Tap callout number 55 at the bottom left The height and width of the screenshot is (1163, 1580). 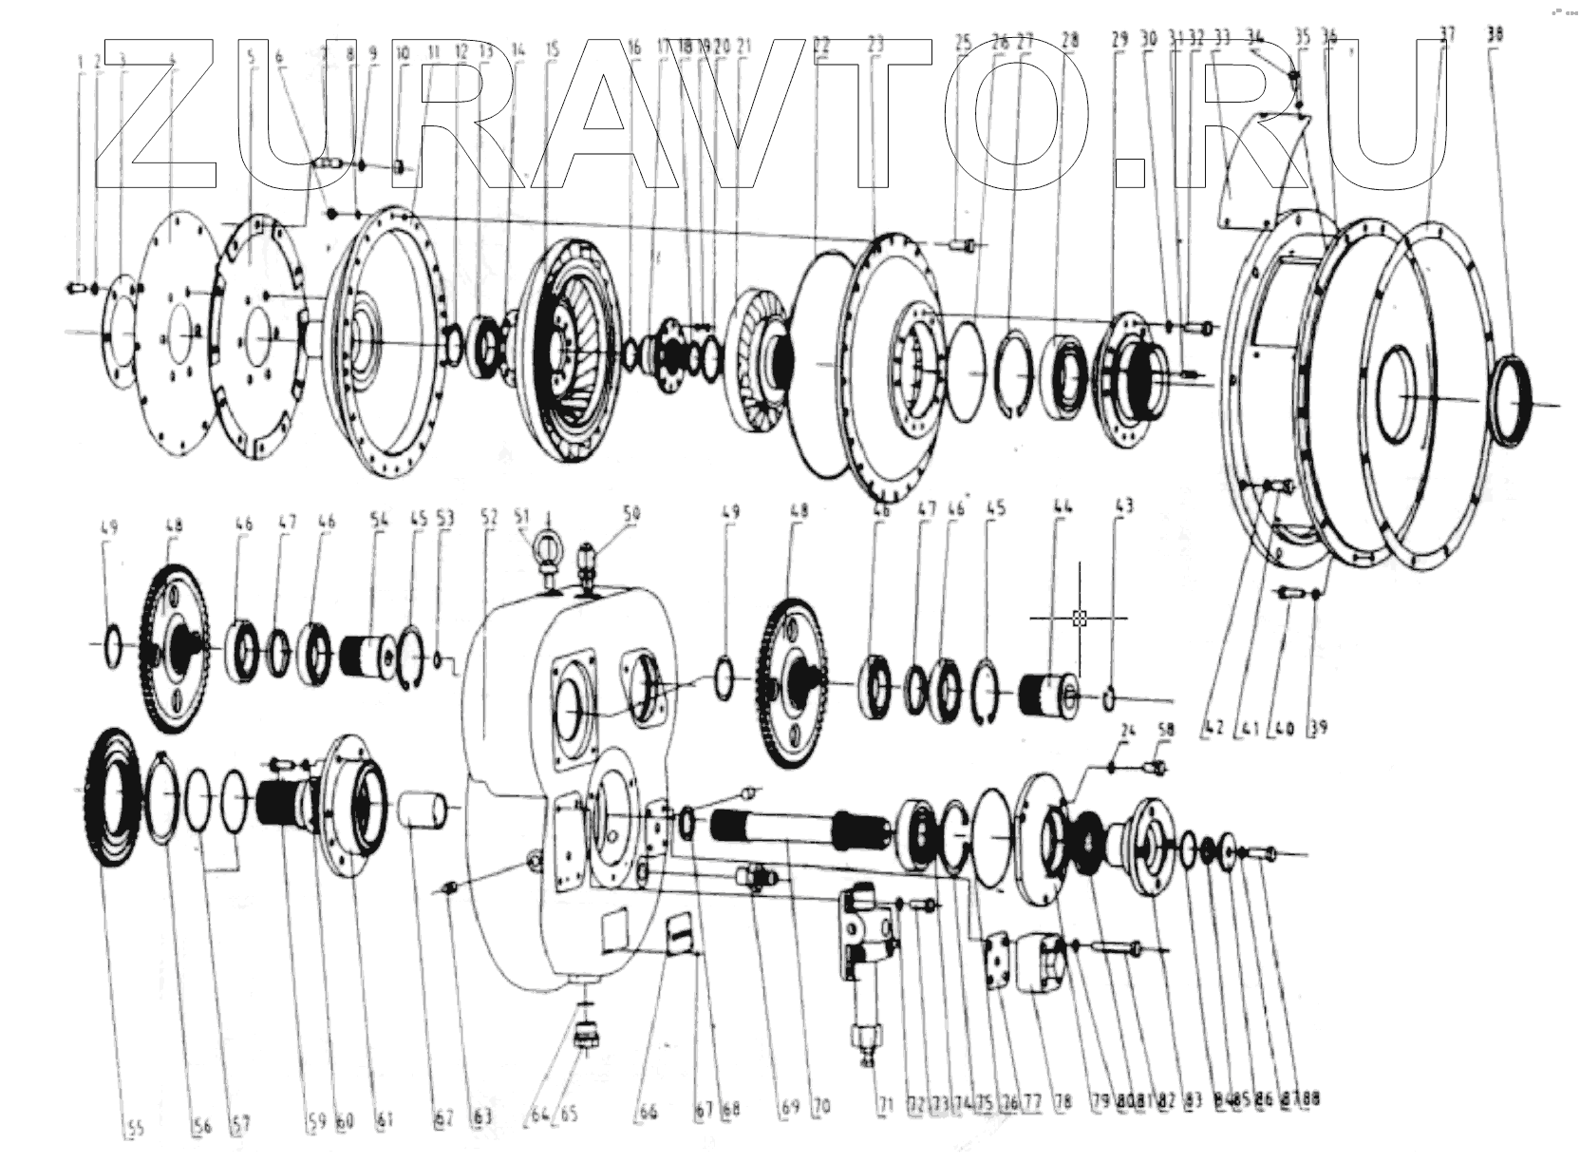click(x=134, y=1128)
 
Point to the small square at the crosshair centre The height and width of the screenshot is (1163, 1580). click(x=1079, y=619)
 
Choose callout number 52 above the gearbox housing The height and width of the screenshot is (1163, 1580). click(x=489, y=517)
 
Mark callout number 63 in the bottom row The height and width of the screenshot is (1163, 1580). click(x=482, y=1116)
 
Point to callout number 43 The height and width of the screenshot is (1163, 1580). click(x=1124, y=506)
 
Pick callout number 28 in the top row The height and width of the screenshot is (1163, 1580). click(x=1070, y=41)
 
